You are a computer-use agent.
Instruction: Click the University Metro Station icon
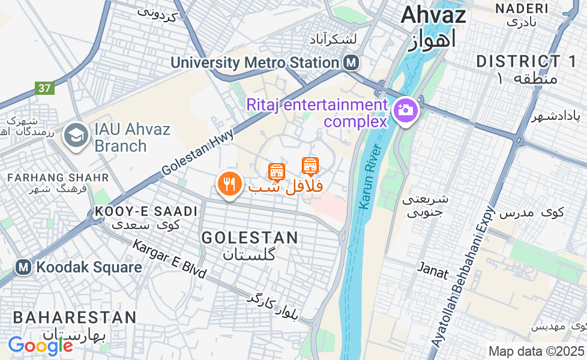352,62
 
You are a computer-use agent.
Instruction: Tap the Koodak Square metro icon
24,267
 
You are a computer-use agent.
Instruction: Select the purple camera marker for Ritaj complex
405,111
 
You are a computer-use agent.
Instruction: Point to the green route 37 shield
44,88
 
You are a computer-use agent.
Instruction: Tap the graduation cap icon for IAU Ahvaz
76,136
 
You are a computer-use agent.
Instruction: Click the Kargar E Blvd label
169,259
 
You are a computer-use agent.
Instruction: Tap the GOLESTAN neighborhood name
250,238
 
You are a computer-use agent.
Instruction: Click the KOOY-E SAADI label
146,211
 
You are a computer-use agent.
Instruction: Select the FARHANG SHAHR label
58,178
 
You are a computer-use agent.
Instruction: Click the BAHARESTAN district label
74,317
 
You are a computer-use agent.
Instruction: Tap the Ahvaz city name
433,14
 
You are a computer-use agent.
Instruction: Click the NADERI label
522,8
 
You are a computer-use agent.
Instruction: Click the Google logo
40,345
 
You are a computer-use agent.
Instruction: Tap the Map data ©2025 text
536,351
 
